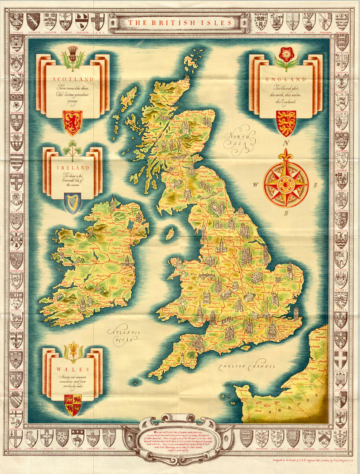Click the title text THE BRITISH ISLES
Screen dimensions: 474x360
180,23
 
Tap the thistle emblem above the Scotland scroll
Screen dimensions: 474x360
73,58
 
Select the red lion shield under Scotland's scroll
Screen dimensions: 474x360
72,122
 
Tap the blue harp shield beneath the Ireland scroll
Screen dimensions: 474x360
72,203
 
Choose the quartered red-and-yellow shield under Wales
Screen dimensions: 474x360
72,404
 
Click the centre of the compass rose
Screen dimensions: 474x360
286,184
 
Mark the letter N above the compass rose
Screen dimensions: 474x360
288,143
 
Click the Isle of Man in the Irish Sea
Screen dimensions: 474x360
170,233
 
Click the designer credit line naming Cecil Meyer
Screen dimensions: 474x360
309,461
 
